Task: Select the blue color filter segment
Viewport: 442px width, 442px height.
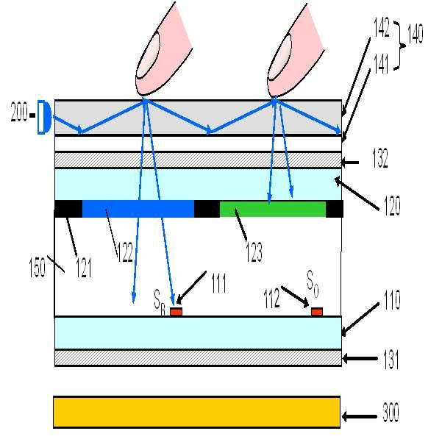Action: (x=138, y=209)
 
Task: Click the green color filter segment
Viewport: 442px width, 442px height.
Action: (x=272, y=209)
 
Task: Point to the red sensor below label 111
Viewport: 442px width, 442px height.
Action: (x=176, y=312)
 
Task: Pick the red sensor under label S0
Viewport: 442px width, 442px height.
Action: (x=317, y=312)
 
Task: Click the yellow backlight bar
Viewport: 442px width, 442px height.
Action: (x=197, y=412)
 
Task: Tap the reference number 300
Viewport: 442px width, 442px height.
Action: (x=391, y=413)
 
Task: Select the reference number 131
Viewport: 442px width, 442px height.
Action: (x=391, y=360)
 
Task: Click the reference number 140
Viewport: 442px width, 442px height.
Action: (x=416, y=35)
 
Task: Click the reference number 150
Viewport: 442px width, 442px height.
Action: (x=38, y=266)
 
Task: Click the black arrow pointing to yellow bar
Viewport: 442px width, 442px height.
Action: (x=360, y=417)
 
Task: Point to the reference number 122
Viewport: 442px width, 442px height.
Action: (x=126, y=254)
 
